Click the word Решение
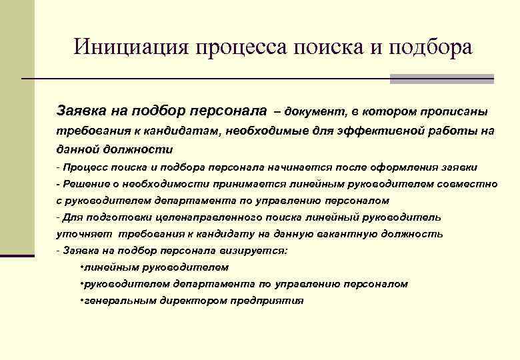84,183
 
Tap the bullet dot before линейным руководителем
81,267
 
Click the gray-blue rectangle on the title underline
441,79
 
